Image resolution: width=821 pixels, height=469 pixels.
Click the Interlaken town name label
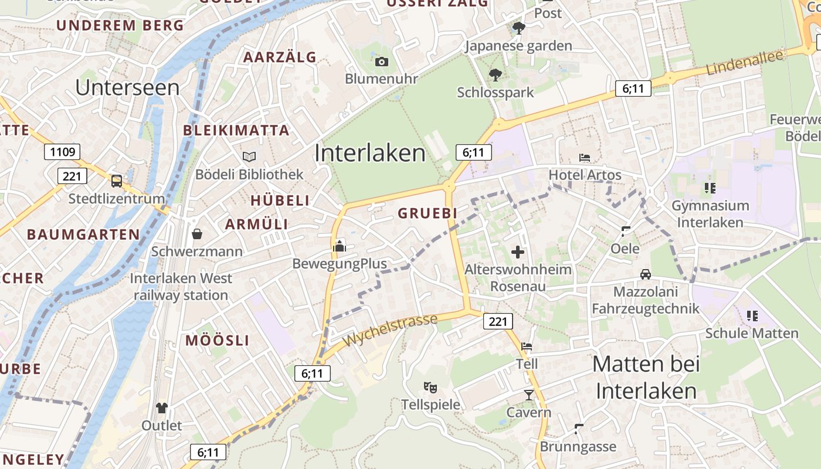[x=370, y=153]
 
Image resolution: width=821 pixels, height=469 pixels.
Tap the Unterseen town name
[x=127, y=87]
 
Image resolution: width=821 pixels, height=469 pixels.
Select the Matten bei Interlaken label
[x=646, y=377]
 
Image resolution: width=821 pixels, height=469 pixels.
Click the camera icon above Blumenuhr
[x=381, y=62]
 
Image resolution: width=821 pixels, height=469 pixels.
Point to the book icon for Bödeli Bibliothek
[x=249, y=157]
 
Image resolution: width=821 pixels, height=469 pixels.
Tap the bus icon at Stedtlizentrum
[x=117, y=181]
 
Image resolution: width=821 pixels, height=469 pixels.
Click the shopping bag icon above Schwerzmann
[x=197, y=234]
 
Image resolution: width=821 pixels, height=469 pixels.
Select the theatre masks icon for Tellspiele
[x=430, y=387]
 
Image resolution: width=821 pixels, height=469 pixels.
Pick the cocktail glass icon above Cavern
[x=529, y=395]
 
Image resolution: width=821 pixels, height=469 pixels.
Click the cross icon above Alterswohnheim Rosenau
[x=518, y=252]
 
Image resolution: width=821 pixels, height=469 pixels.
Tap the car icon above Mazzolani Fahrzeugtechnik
[x=645, y=274]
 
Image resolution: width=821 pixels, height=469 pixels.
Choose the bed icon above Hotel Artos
[x=585, y=157]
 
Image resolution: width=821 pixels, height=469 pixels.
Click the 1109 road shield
[x=63, y=152]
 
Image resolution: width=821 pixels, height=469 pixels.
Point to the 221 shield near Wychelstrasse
[x=498, y=321]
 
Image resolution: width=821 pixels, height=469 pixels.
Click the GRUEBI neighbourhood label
[x=427, y=213]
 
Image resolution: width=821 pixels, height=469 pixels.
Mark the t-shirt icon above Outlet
[x=162, y=407]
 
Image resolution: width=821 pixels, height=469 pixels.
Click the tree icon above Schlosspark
[x=496, y=74]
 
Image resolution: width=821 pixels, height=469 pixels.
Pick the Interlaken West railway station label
[x=181, y=287]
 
